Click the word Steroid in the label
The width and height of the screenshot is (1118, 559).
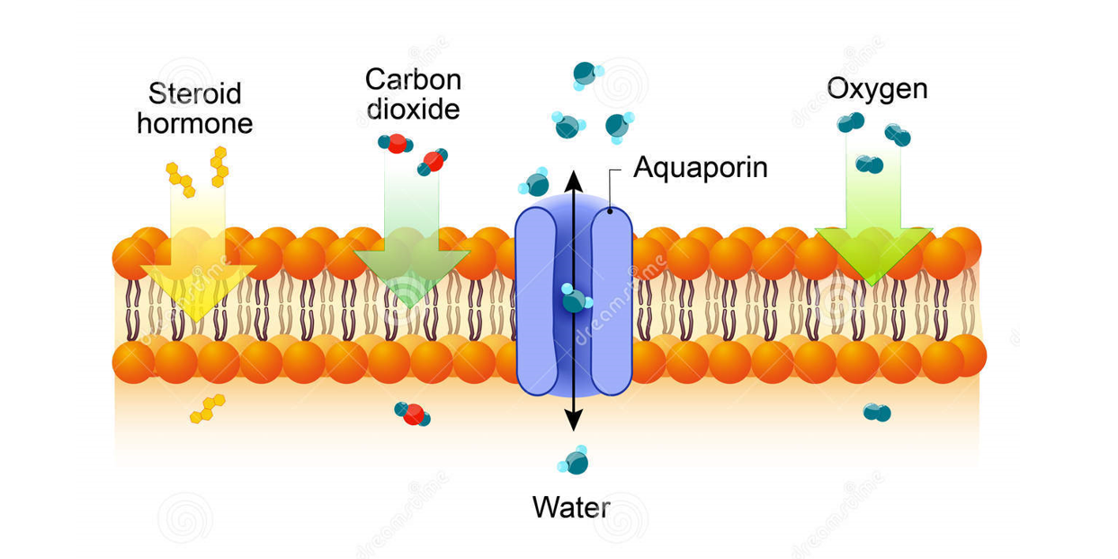(195, 93)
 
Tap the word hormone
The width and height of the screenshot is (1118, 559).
(195, 122)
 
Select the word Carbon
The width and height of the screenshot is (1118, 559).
(413, 79)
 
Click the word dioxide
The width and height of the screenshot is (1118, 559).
(413, 109)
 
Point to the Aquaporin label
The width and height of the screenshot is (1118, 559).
(700, 167)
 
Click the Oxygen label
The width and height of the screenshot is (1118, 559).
(877, 89)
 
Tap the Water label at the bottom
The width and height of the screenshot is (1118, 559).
(571, 507)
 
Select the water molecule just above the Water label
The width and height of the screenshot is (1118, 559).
(574, 461)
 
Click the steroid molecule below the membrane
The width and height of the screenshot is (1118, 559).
(207, 408)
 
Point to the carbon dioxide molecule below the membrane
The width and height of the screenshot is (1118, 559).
(413, 413)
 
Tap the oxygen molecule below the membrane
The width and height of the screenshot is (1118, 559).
(876, 413)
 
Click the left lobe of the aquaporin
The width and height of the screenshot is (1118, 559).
(538, 301)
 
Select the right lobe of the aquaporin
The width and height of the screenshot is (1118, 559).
(611, 301)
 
